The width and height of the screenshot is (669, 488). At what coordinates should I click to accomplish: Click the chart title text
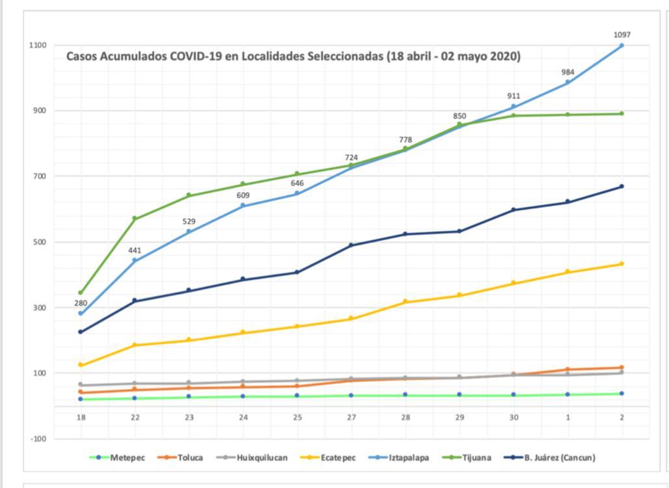[294, 57]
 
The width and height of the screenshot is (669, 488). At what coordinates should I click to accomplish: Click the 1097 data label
[622, 35]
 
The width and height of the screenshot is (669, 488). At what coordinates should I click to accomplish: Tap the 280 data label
[81, 303]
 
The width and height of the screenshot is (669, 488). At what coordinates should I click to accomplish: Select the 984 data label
[568, 72]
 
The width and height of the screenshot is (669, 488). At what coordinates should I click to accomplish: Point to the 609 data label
[243, 195]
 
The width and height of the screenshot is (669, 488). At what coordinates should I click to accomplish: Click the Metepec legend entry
[118, 457]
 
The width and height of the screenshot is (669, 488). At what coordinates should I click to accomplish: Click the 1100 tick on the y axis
[37, 46]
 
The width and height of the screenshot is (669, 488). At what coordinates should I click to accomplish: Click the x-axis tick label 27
[351, 418]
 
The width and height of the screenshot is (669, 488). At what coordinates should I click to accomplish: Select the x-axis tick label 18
[81, 418]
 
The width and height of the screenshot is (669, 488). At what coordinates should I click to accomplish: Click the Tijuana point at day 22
[135, 219]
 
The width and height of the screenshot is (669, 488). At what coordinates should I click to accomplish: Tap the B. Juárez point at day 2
[622, 187]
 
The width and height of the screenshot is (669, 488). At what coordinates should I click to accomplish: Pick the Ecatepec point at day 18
[81, 365]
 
